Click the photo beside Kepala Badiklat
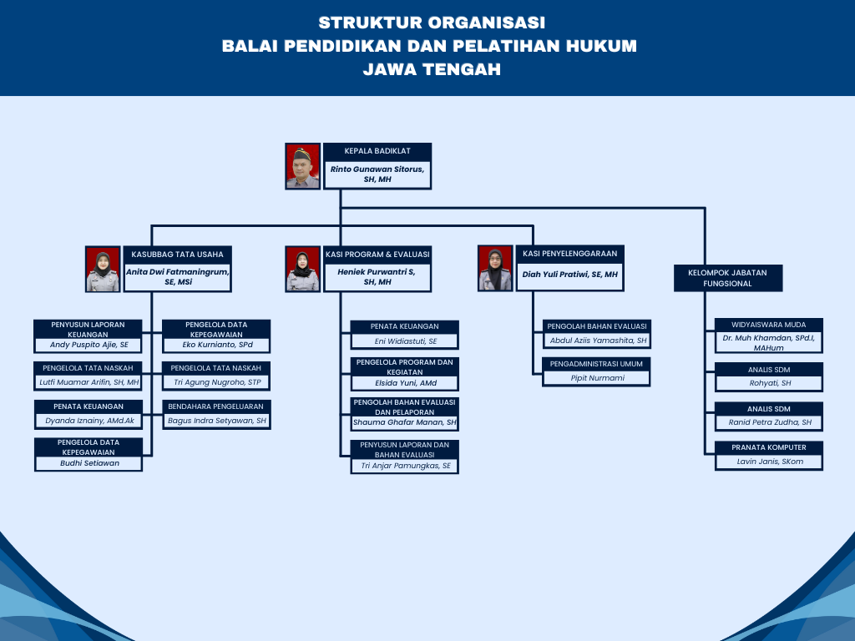(x=302, y=166)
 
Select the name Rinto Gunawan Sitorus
(x=377, y=174)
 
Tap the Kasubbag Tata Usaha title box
(x=177, y=254)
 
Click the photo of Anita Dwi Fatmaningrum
(x=103, y=268)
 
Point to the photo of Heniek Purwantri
(x=302, y=268)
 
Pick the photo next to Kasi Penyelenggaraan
(x=495, y=268)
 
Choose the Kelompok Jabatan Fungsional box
(x=727, y=278)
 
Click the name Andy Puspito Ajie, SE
(x=89, y=344)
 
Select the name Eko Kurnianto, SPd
(x=217, y=344)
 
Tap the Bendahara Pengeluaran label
(x=216, y=406)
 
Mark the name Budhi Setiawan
(x=89, y=463)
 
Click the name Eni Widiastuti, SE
(x=405, y=341)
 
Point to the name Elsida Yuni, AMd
(x=405, y=383)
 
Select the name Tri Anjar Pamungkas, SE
(x=405, y=466)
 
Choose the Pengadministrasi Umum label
(x=595, y=364)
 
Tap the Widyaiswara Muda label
(x=768, y=325)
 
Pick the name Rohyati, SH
(x=769, y=383)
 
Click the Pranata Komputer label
(x=768, y=447)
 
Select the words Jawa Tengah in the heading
(x=432, y=70)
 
